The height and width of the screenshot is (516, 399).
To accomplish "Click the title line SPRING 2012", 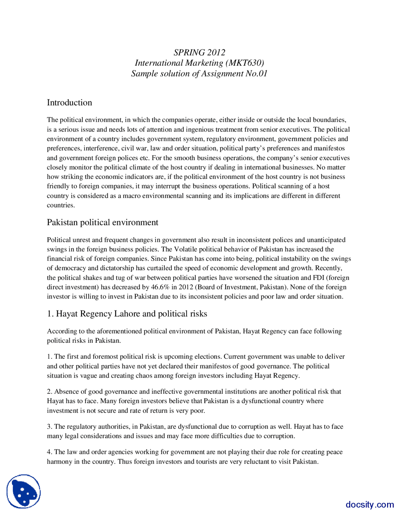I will pyautogui.click(x=199, y=52).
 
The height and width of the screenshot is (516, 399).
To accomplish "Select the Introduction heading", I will pyautogui.click(x=69, y=103).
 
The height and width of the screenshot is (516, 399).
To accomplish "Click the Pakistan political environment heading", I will pyautogui.click(x=102, y=222).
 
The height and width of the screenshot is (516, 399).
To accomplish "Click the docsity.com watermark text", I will pyautogui.click(x=369, y=504).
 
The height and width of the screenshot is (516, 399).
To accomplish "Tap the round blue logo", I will pyautogui.click(x=24, y=491).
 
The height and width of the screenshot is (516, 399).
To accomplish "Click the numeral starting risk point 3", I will pyautogui.click(x=49, y=427).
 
